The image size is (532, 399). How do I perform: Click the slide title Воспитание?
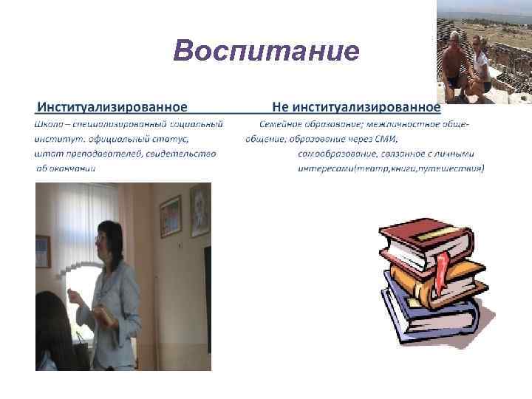point(266,52)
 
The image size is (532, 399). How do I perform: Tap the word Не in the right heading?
point(280,107)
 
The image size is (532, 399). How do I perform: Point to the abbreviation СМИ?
point(387,138)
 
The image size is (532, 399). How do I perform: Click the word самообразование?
point(332,154)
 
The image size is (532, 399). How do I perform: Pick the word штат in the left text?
point(45,154)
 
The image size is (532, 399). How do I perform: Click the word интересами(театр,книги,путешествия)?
point(391,168)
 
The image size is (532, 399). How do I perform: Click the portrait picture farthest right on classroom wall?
point(199,211)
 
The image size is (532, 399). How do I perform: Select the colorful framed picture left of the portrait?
point(170,216)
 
